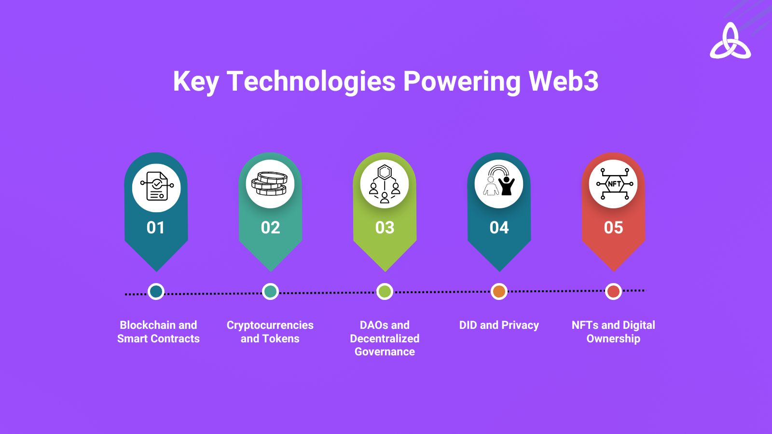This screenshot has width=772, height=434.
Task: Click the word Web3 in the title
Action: pos(564,81)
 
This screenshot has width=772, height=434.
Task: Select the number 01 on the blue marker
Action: pos(156,228)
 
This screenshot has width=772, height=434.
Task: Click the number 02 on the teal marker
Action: pos(270,228)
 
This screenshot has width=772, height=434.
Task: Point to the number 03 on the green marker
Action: pos(385,228)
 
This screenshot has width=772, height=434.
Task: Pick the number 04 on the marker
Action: pos(499,228)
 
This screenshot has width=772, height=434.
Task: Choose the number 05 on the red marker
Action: pos(613,228)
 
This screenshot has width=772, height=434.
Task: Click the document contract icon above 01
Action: pos(157,186)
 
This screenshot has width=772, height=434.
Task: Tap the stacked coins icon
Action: pos(270,184)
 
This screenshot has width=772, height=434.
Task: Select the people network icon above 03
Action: pos(385,184)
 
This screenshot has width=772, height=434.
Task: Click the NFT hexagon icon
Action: pos(615,184)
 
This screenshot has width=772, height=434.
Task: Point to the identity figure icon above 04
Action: pos(499,180)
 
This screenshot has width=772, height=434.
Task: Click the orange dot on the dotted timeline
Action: pos(499,292)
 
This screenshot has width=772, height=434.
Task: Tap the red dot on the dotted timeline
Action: pos(613,291)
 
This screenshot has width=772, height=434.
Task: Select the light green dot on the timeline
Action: pos(385,292)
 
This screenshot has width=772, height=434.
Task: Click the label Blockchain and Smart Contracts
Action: pos(158,332)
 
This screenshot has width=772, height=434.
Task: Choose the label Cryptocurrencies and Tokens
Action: pos(270,332)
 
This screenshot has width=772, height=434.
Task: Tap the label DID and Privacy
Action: pos(499,325)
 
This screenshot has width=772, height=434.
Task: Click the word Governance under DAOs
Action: pos(385,352)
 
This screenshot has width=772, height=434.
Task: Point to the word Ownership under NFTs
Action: pos(613,339)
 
